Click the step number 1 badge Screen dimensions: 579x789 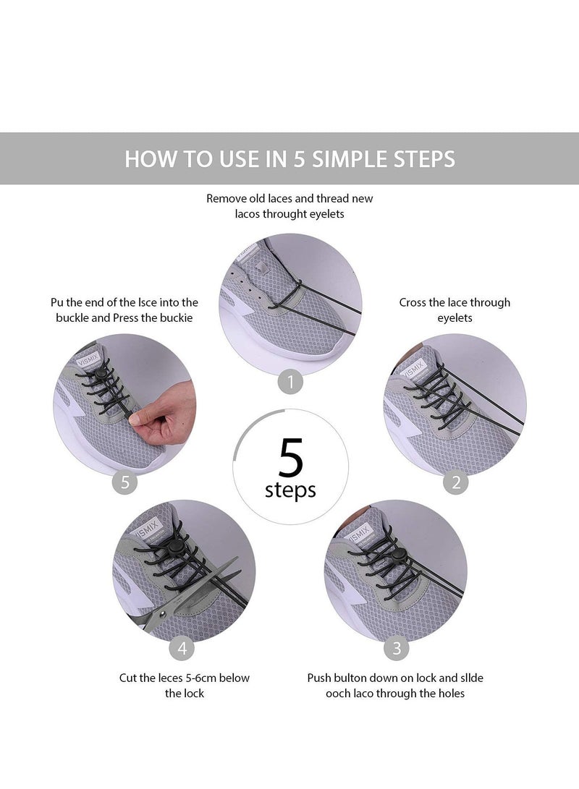point(290,382)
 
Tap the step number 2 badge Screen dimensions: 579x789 point(456,482)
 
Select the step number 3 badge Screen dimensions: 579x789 point(396,648)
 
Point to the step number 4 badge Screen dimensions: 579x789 point(182,648)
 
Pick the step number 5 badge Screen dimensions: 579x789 point(125,482)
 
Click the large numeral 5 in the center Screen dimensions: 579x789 point(290,457)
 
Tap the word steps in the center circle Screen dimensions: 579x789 point(290,490)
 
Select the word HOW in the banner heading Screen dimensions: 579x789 point(149,159)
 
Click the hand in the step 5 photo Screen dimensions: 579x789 point(164,413)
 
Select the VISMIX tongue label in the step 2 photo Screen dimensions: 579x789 point(412,371)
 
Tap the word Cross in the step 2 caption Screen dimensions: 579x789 point(413,302)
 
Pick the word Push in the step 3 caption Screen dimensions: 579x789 point(319,678)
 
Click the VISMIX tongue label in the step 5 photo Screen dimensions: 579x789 point(88,360)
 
